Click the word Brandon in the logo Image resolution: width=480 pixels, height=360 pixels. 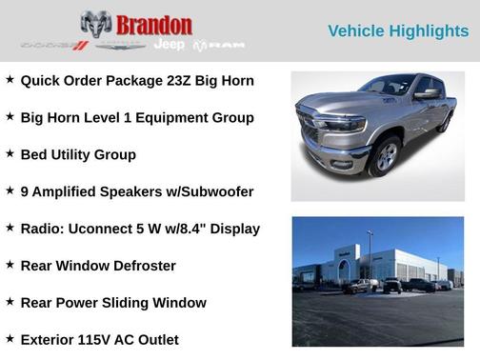point(154,25)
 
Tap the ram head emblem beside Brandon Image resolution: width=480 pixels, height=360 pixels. point(96,24)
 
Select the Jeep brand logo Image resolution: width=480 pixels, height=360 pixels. point(170,45)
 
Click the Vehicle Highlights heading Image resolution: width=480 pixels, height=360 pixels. point(398,30)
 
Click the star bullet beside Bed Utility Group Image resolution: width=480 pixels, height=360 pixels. point(10,153)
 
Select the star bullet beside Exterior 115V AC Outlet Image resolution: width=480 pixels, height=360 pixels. point(10,339)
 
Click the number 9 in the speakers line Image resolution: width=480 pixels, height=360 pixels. point(25,191)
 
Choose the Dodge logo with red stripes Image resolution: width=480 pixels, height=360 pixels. point(54,46)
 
